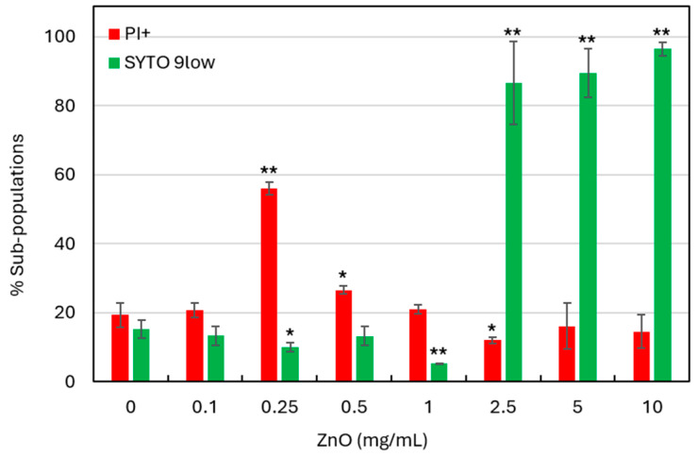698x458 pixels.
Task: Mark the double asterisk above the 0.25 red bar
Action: click(269, 172)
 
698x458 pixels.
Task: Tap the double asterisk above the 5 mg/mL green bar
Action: click(587, 41)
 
